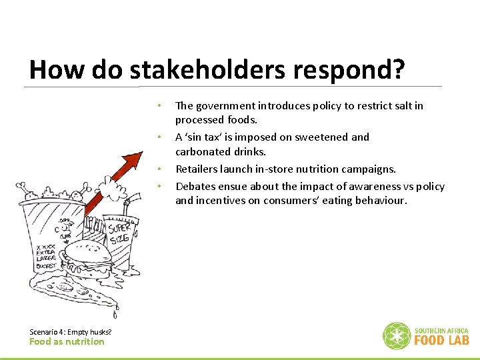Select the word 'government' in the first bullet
[225, 105]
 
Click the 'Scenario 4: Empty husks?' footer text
[71, 331]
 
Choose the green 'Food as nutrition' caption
[67, 341]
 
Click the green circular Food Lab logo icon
[396, 336]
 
